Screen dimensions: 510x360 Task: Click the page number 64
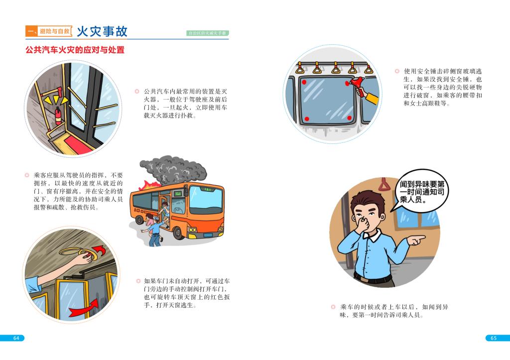coord(16,338)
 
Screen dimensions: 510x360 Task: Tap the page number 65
coord(494,338)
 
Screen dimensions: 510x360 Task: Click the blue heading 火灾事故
coord(102,31)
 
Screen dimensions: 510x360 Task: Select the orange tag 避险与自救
coord(55,31)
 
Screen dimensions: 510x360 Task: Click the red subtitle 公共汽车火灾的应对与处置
coord(75,50)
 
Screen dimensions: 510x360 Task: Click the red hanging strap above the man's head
coord(384,184)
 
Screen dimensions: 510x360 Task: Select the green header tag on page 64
coord(208,33)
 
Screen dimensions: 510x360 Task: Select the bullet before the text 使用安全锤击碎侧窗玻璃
coord(397,71)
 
